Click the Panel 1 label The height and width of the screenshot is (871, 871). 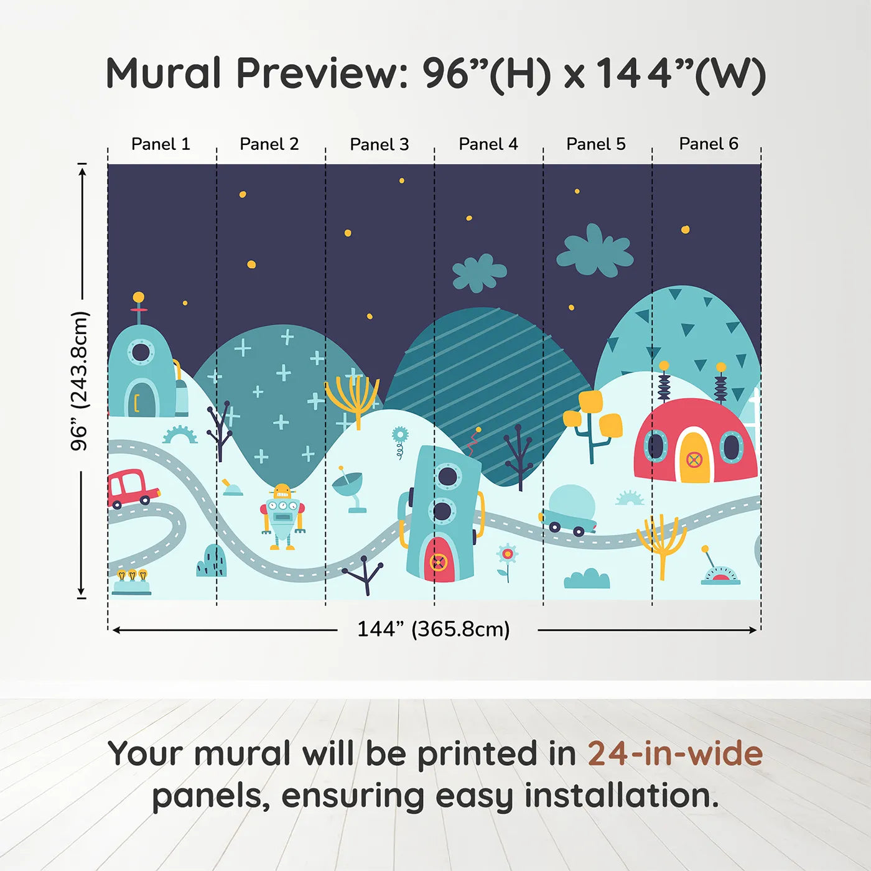(161, 144)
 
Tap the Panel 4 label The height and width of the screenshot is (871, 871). (488, 144)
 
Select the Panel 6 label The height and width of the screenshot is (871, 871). (708, 144)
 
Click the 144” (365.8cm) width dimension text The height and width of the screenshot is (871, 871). (434, 629)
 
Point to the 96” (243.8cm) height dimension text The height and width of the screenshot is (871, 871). (80, 381)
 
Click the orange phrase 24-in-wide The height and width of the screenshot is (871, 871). (675, 753)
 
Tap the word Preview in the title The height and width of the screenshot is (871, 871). (322, 73)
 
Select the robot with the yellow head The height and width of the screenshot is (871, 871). (282, 516)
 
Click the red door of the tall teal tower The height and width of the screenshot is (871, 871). (439, 560)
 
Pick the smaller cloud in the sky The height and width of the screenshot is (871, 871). (480, 273)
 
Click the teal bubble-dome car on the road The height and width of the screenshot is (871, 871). (568, 511)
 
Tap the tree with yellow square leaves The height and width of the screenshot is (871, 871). (592, 426)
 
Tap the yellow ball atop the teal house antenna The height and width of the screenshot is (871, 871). (139, 297)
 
